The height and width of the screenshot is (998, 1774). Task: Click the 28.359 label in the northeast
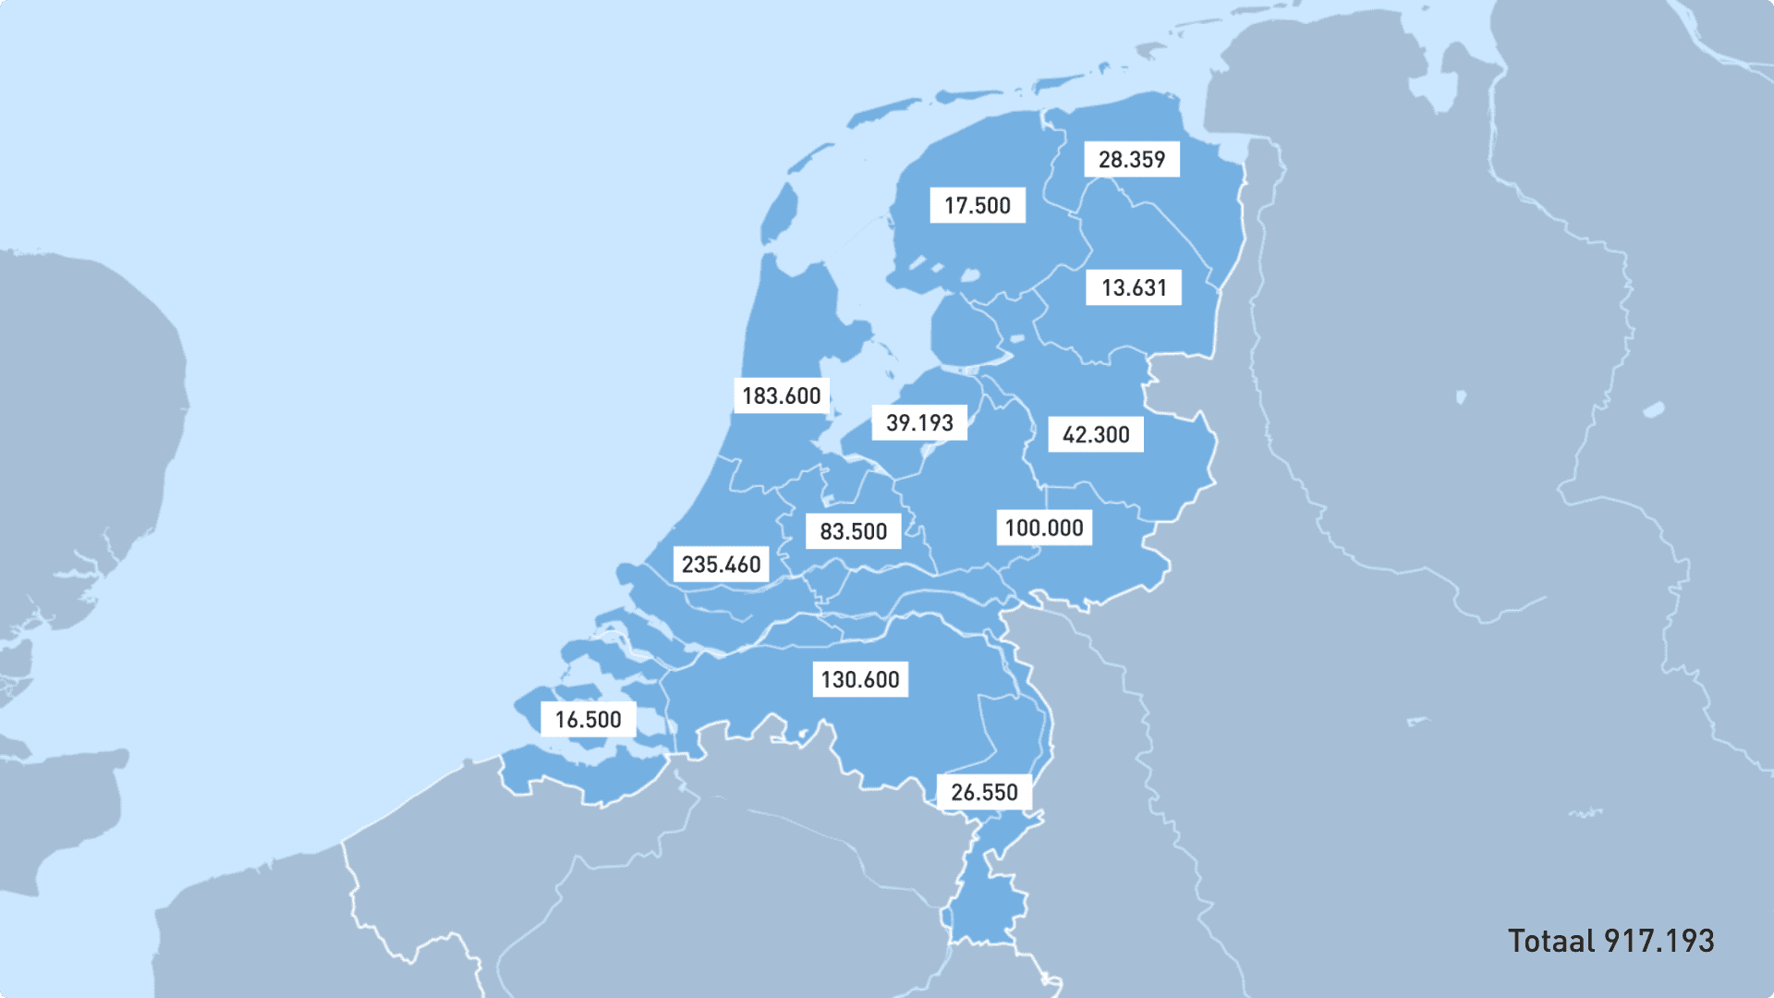pos(1131,160)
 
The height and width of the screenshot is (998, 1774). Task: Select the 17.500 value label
pos(977,206)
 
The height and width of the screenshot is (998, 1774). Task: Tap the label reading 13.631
pos(1133,288)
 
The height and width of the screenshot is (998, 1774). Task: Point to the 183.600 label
pos(781,396)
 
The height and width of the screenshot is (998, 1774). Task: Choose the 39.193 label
pos(918,423)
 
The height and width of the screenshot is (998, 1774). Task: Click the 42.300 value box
pos(1095,435)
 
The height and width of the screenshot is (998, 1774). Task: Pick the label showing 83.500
pos(853,532)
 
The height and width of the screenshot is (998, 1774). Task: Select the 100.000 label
pos(1043,529)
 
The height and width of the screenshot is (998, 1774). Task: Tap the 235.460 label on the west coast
pos(721,565)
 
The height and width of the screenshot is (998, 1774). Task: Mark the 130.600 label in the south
pos(859,680)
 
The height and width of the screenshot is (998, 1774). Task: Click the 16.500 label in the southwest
pos(588,720)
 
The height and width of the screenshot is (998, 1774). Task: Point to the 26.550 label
pos(984,793)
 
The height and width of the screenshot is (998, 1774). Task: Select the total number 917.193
pos(1659,942)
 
